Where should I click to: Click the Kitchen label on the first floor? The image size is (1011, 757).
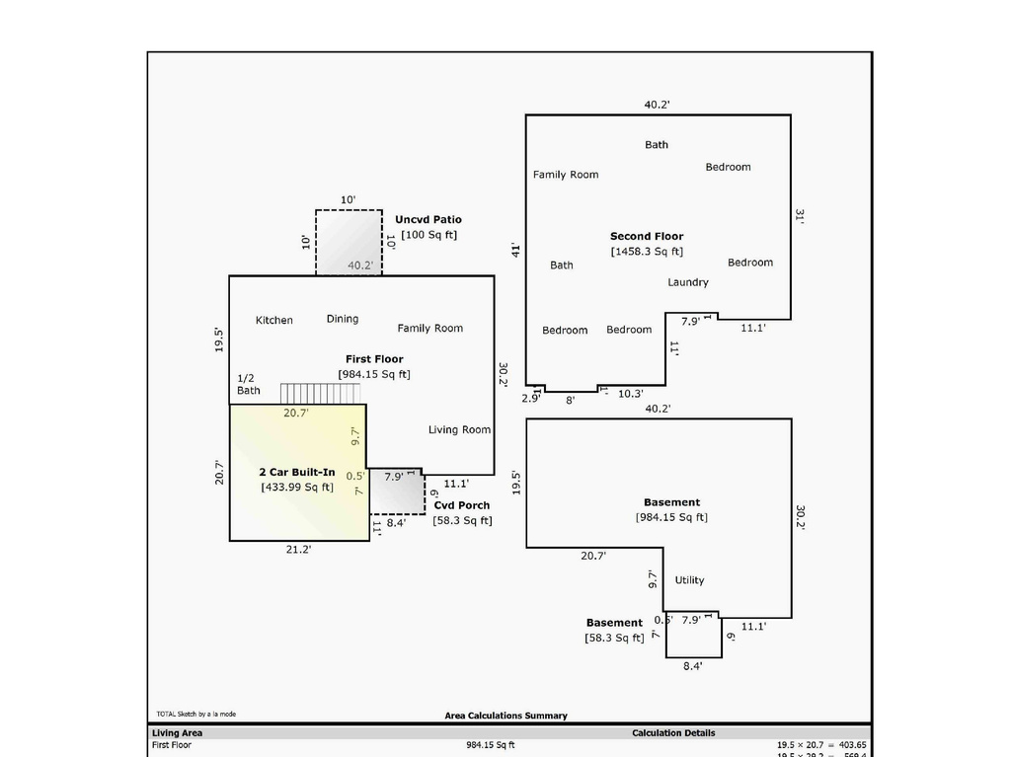point(274,320)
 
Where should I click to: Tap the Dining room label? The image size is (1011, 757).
point(343,319)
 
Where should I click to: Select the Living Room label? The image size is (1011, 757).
point(459,429)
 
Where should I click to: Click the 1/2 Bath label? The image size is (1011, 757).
point(248,384)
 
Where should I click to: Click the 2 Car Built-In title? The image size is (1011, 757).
point(297,473)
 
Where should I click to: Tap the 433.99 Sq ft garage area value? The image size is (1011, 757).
point(297,488)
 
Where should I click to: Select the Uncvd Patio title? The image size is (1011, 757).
point(428,220)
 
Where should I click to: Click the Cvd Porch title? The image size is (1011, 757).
point(461,505)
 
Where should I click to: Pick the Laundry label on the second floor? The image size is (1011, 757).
point(688,282)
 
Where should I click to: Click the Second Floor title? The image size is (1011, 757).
point(647,237)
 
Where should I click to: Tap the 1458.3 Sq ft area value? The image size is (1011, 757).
point(647,252)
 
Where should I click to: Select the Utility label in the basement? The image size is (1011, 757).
point(690,580)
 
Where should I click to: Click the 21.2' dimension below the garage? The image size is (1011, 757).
point(299,550)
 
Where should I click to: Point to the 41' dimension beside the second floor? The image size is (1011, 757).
point(515,251)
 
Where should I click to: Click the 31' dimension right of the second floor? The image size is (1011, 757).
point(800,217)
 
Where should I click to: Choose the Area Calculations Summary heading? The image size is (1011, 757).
point(505,716)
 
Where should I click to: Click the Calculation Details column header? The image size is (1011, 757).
point(673,733)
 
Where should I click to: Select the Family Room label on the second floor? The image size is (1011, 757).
point(566,175)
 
